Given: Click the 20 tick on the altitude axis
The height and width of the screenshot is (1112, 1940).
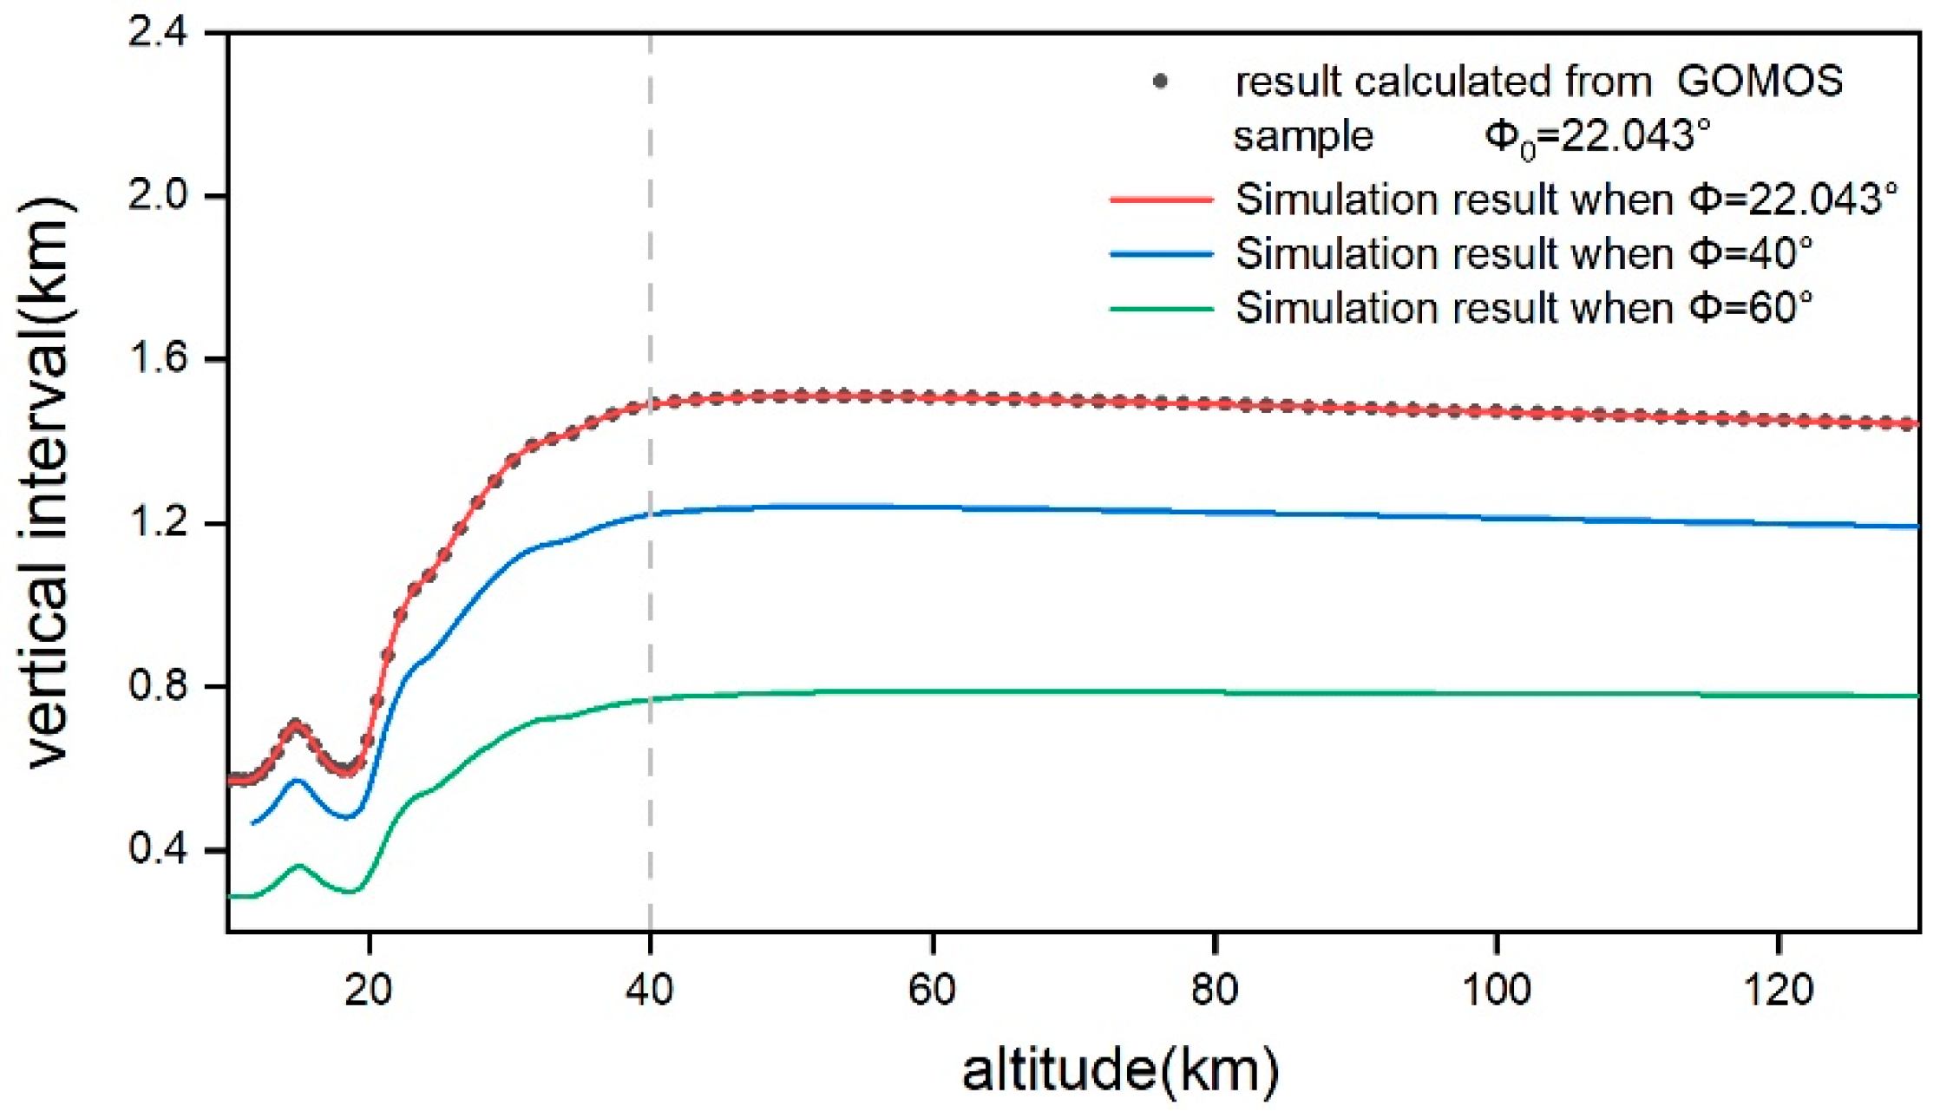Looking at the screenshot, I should pos(369,989).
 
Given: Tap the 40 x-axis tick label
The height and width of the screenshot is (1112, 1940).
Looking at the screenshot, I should pos(650,989).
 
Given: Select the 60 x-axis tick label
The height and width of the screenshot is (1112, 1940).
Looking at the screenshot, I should pos(932,989).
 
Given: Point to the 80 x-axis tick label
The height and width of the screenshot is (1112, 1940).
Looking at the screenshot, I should pos(1214,989).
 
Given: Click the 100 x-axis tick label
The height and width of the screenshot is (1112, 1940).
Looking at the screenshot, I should pos(1496,989).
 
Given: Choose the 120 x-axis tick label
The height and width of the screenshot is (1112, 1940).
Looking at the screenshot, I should pos(1778,989).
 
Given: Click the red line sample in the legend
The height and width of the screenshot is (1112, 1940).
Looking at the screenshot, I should pos(1161,200).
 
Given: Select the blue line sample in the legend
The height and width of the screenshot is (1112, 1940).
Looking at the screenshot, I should pos(1161,254).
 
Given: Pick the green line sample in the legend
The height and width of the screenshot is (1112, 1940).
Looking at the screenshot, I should pos(1161,309).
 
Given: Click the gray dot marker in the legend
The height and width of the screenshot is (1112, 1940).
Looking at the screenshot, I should pos(1161,82).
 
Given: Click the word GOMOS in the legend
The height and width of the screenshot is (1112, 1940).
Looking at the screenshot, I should pos(1759,82).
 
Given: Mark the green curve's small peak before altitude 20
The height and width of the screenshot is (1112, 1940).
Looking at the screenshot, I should pos(299,866).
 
